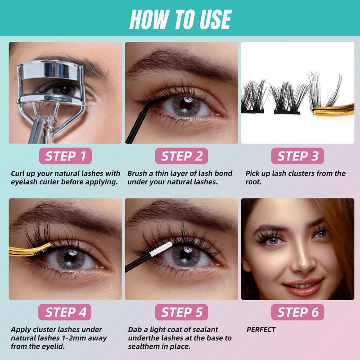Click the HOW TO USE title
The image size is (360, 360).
tap(180, 19)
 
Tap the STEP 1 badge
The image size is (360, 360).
tap(66, 156)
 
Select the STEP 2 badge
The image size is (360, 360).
tap(182, 156)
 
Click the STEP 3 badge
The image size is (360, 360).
tap(297, 156)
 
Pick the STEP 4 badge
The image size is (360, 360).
tap(66, 312)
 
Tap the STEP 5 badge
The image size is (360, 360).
tap(182, 312)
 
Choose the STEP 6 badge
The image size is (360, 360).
tap(297, 312)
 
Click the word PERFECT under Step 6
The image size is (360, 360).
tap(261, 330)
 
